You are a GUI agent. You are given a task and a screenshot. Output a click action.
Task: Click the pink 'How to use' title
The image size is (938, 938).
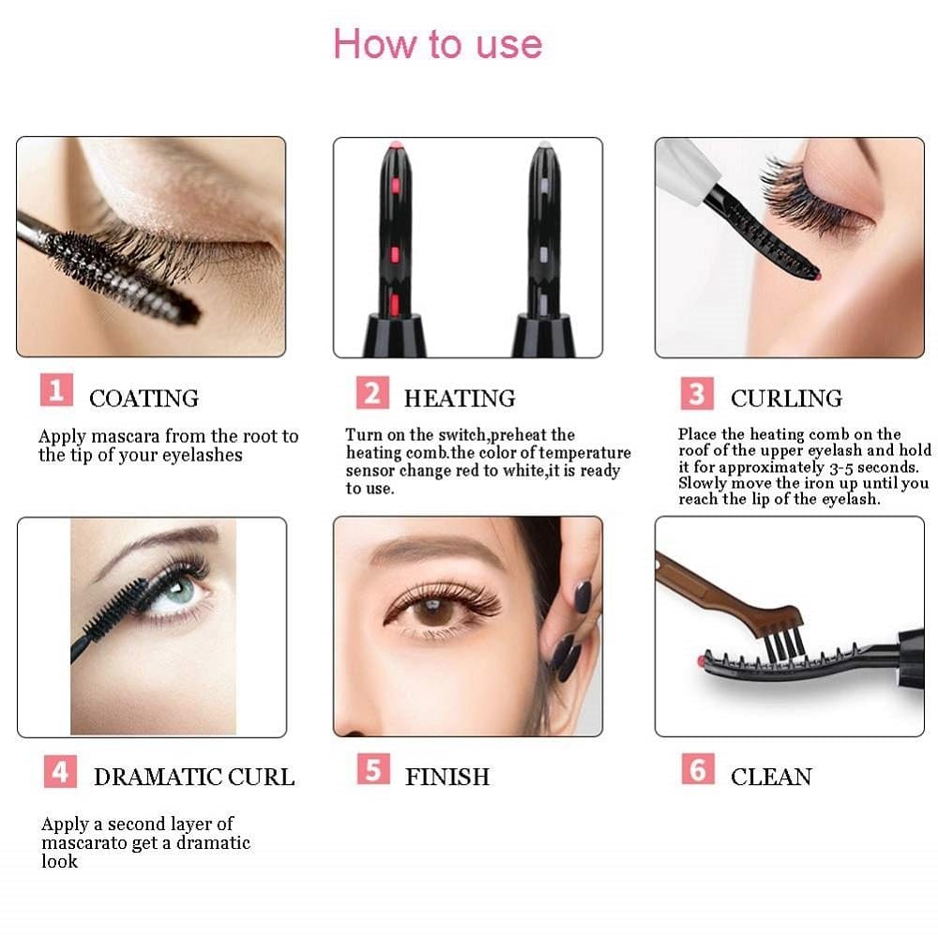pos(437,44)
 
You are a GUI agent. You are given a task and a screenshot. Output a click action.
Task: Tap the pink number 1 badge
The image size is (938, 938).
pos(55,390)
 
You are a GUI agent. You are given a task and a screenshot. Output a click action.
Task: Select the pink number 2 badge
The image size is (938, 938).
pos(371,393)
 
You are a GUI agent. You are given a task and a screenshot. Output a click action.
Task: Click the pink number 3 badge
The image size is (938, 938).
pos(697,394)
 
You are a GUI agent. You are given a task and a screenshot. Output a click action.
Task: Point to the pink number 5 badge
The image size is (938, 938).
pos(372,770)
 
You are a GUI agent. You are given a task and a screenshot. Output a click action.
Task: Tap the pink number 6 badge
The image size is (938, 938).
pos(697,770)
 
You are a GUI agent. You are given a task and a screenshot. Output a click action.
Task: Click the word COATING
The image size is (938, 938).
pos(144,399)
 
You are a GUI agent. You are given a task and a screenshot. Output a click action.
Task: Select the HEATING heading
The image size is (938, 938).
pos(459,399)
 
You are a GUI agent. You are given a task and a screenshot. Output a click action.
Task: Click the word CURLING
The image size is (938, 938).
pos(786,399)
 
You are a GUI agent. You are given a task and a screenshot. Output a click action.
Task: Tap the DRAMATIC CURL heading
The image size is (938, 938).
pos(193,777)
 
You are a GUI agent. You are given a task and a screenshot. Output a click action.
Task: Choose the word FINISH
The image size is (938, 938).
pos(446,777)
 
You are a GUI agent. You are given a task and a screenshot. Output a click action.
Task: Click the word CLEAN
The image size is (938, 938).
pos(771,777)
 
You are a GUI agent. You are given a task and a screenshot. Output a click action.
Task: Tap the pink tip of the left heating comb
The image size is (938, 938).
pos(395,147)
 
